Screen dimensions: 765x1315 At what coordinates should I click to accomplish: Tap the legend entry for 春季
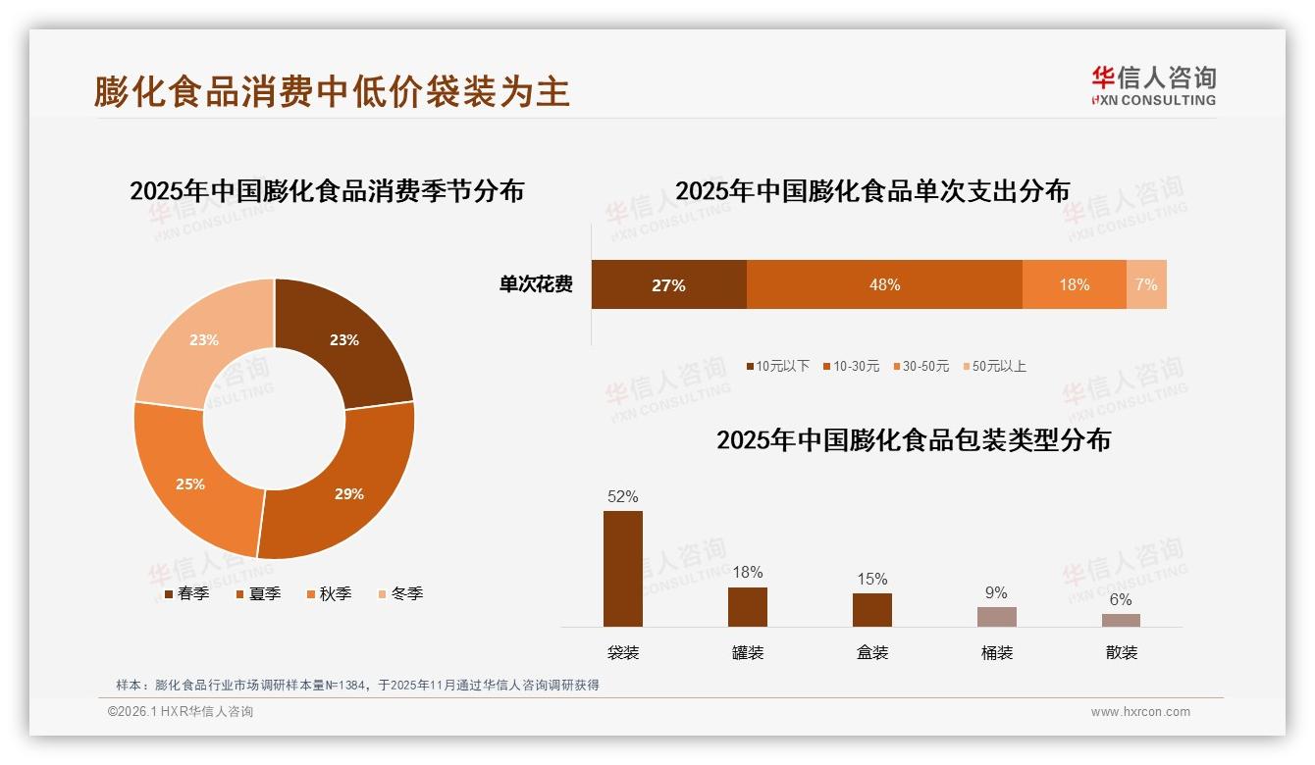pos(185,593)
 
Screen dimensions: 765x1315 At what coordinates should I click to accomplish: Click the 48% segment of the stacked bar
pos(884,284)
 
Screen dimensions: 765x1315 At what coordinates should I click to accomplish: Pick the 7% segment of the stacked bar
pos(1146,284)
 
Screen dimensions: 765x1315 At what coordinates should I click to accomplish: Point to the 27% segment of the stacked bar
pos(668,284)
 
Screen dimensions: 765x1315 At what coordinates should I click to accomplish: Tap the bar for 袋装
pos(623,569)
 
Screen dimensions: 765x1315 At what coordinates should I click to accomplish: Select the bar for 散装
pos(1121,620)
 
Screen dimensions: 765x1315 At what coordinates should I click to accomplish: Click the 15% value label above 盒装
pos(871,579)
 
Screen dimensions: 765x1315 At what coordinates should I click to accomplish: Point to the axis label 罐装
pos(748,652)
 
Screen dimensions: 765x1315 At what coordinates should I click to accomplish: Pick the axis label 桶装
pos(996,652)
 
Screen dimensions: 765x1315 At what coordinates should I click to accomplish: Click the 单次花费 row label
pos(536,284)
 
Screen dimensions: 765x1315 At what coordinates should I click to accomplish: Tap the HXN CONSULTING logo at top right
pos(1154,85)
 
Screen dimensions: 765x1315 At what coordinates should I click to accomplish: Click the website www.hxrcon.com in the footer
pos(1140,712)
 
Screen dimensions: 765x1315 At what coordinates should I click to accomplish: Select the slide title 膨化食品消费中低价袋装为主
pos(332,91)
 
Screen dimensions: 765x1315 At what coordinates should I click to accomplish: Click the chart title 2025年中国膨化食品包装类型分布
pos(913,440)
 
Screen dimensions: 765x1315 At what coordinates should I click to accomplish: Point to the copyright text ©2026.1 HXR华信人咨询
pos(181,712)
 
